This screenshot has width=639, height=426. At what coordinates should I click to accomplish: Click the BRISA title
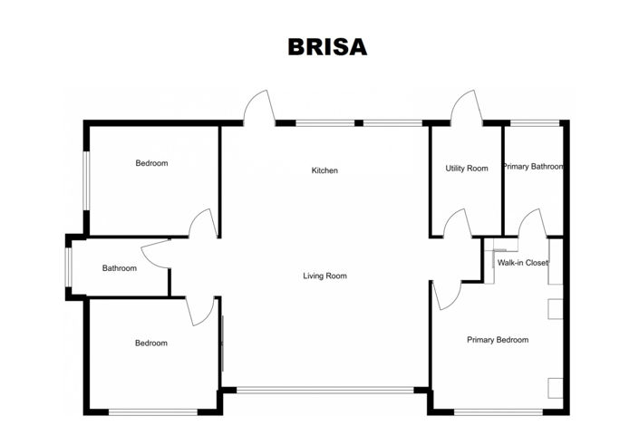coord(327,47)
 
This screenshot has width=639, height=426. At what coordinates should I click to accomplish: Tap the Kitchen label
coord(324,170)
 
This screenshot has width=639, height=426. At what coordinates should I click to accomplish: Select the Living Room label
coord(324,276)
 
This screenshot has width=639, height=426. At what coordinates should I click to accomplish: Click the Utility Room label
coord(466,168)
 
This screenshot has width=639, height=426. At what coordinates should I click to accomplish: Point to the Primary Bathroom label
coord(534,167)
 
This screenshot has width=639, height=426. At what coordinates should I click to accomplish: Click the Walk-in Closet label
coord(523,263)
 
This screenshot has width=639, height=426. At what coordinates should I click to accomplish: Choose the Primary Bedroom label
coord(498,340)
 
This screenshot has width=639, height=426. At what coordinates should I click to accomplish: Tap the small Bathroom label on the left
coord(119,268)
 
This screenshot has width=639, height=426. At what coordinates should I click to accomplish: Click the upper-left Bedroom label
coord(151,163)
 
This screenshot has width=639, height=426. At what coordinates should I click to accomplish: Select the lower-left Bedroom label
coord(151,343)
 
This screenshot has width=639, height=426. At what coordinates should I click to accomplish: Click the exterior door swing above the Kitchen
coord(257,108)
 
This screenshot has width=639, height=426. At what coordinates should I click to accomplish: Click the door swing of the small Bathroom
coord(157,255)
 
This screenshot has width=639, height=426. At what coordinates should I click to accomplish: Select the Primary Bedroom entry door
coord(447,295)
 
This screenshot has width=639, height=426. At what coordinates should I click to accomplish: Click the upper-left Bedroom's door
coord(203,224)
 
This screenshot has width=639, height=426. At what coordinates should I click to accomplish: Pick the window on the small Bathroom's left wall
coord(69,267)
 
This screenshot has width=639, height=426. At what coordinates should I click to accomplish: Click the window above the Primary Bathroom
coord(534,123)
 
